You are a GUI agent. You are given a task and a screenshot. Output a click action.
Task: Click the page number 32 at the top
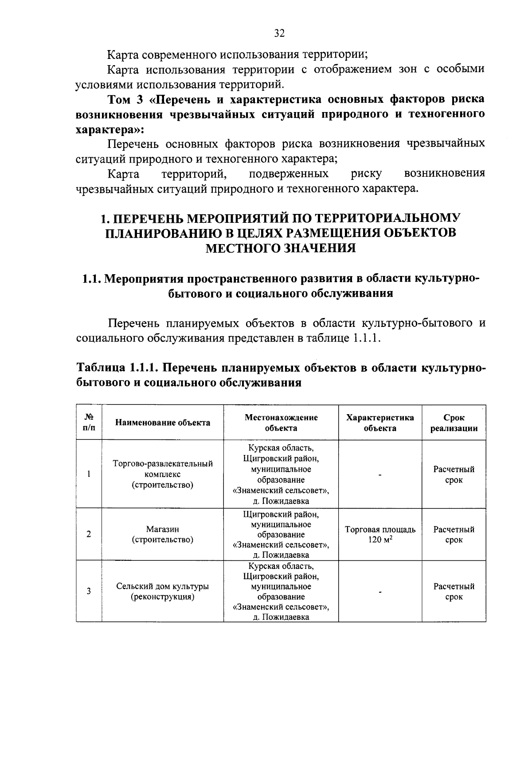(x=279, y=34)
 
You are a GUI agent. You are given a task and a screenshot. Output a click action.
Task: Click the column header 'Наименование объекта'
(x=163, y=423)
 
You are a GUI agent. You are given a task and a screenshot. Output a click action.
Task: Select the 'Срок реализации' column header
(x=454, y=423)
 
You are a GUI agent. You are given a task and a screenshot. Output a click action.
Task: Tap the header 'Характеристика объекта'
(x=380, y=423)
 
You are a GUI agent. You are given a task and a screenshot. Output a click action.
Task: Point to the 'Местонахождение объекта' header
(x=281, y=423)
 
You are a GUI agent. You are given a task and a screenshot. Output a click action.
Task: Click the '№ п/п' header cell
(x=89, y=423)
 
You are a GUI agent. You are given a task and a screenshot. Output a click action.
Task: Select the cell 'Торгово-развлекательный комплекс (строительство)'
(x=163, y=474)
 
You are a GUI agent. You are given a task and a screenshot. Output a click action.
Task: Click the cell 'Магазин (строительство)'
(x=163, y=534)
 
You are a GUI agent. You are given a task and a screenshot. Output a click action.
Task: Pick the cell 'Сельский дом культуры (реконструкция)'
(x=163, y=591)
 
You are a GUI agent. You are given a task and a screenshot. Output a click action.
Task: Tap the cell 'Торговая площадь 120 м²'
(x=380, y=534)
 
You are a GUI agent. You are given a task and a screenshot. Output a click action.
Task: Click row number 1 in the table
(x=89, y=474)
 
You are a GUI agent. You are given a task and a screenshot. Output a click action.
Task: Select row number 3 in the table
(x=89, y=591)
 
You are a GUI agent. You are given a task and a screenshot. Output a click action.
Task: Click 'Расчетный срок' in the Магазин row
(x=454, y=534)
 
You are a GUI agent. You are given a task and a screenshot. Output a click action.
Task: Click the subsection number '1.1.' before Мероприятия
(x=92, y=279)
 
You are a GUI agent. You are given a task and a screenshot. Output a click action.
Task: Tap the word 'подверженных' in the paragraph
(x=289, y=173)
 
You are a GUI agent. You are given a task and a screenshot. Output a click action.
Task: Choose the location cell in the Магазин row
(x=281, y=534)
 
